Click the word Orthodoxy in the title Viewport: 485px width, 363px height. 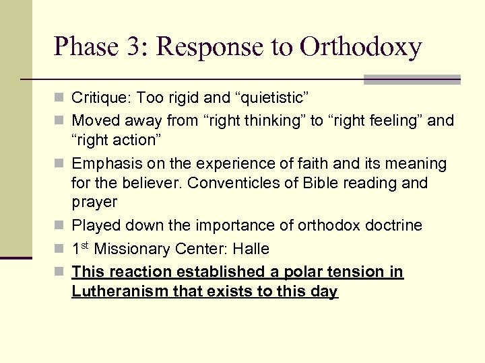click(x=361, y=46)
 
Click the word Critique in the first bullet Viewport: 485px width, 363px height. click(x=99, y=98)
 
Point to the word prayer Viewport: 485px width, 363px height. click(x=94, y=202)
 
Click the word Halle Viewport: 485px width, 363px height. click(x=251, y=249)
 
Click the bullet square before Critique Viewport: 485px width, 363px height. click(x=61, y=99)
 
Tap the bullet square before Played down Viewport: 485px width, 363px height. click(x=61, y=226)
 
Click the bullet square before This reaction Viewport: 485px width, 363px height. click(x=61, y=272)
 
